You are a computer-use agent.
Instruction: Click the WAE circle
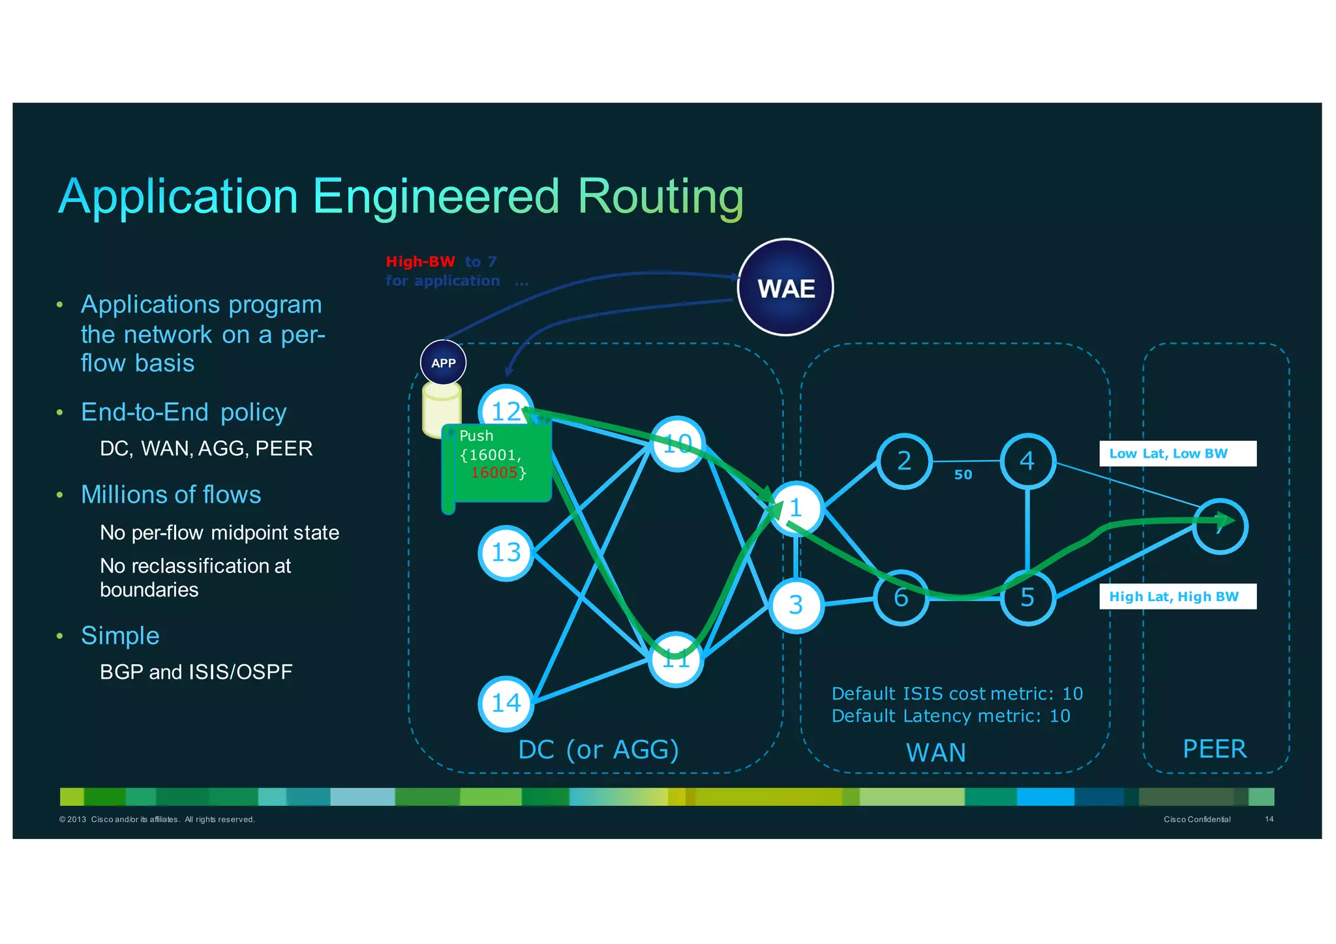point(785,288)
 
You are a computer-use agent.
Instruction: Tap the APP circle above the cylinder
point(443,362)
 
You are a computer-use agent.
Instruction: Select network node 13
point(506,553)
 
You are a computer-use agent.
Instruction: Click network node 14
point(506,703)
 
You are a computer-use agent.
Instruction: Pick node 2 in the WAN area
point(903,461)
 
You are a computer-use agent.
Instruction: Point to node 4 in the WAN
point(1027,461)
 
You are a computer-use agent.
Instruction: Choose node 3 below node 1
point(795,605)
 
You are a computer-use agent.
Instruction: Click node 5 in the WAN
point(1027,597)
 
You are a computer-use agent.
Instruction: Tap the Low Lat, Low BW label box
point(1177,454)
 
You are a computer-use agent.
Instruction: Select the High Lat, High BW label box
point(1177,597)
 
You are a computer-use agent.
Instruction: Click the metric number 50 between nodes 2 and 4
point(963,475)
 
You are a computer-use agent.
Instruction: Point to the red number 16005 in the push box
point(494,473)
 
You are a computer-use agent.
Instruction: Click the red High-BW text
point(420,261)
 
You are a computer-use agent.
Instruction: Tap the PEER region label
point(1214,749)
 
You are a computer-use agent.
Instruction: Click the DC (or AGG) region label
point(598,750)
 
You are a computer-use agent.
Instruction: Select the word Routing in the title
point(660,196)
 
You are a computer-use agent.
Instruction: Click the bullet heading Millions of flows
point(171,495)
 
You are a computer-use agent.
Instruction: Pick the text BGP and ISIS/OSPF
point(196,672)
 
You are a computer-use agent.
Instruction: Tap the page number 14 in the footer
point(1269,819)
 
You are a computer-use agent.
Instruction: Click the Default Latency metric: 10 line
point(950,716)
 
